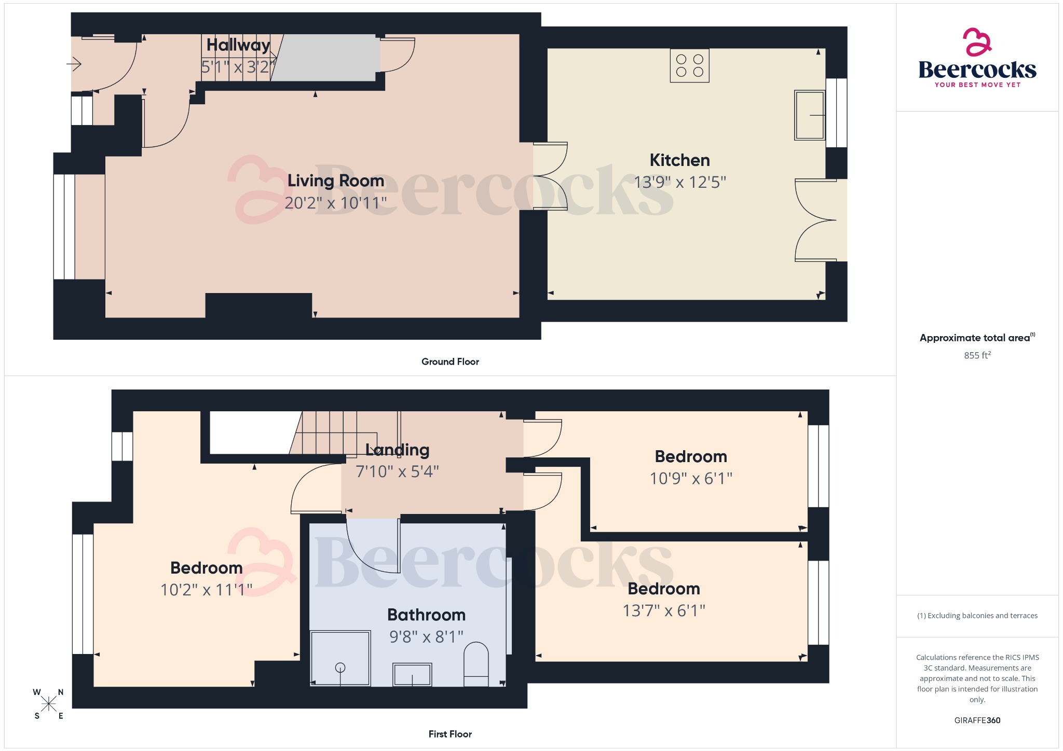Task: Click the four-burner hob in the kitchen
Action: point(689,66)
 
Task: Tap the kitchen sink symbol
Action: point(809,115)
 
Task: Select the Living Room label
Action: point(336,180)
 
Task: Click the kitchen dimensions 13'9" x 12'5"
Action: point(679,182)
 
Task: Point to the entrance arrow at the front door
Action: point(74,64)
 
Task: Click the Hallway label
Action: point(238,45)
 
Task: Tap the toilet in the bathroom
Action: point(476,664)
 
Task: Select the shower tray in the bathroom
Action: point(340,658)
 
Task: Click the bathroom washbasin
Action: point(412,674)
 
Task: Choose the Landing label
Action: point(397,450)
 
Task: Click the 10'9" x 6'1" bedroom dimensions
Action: point(690,478)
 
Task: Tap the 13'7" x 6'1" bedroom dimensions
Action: point(663,610)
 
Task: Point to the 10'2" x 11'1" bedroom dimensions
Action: point(206,590)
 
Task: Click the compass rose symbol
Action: point(49,704)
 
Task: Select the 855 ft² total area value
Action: point(977,355)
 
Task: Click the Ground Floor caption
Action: point(450,361)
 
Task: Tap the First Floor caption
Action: point(450,734)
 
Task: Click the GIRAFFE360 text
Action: point(977,720)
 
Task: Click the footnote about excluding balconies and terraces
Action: point(977,616)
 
